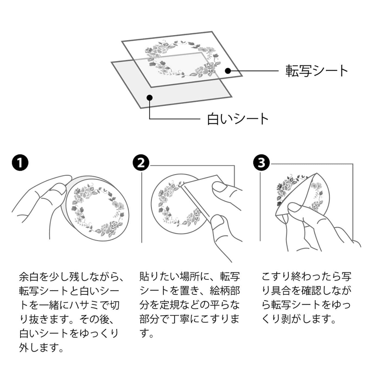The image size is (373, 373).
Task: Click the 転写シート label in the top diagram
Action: coord(316,71)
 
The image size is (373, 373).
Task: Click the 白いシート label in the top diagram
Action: coord(238,119)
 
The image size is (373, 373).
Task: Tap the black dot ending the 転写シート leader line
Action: coord(228,71)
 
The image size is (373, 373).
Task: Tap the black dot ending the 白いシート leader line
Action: coord(149,97)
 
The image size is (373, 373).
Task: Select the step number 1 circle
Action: coord(20,163)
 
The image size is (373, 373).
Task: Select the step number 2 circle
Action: coord(141,163)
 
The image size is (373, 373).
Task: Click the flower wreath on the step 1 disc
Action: coord(95,209)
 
